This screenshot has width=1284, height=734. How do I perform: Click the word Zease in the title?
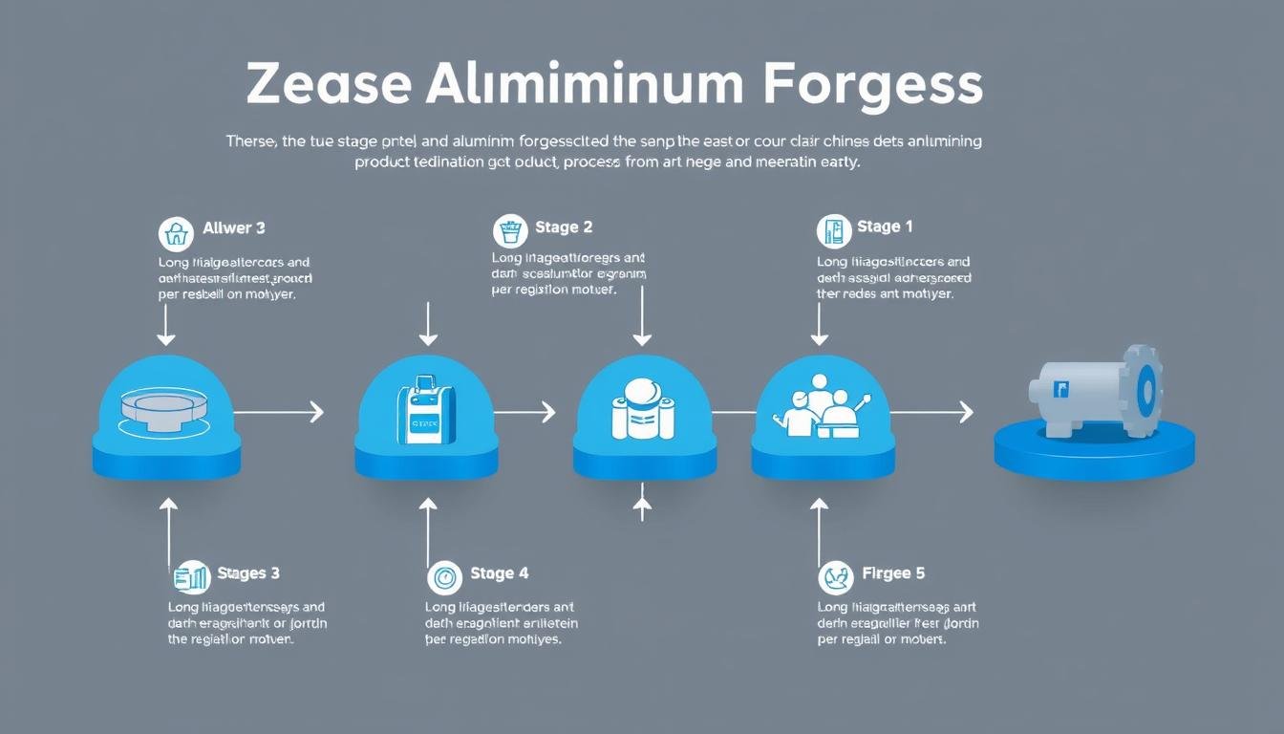click(x=329, y=85)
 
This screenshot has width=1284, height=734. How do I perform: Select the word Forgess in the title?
click(x=873, y=85)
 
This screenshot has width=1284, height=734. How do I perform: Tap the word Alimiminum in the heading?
click(x=584, y=85)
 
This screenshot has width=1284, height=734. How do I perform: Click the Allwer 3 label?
click(x=234, y=228)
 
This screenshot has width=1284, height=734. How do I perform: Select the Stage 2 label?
click(x=564, y=227)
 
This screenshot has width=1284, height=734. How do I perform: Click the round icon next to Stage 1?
click(x=834, y=231)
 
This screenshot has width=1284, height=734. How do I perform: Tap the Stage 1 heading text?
click(x=885, y=227)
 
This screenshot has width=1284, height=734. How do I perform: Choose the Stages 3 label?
click(x=248, y=573)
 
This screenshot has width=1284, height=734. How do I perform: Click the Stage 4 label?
click(x=499, y=573)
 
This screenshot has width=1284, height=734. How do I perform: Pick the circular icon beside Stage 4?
click(x=444, y=577)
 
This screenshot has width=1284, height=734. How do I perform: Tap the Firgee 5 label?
click(x=893, y=573)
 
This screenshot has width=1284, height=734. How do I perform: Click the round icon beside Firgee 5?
click(x=836, y=577)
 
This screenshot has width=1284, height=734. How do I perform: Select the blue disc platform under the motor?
click(x=1094, y=451)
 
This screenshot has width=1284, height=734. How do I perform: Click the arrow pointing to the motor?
click(x=931, y=412)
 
